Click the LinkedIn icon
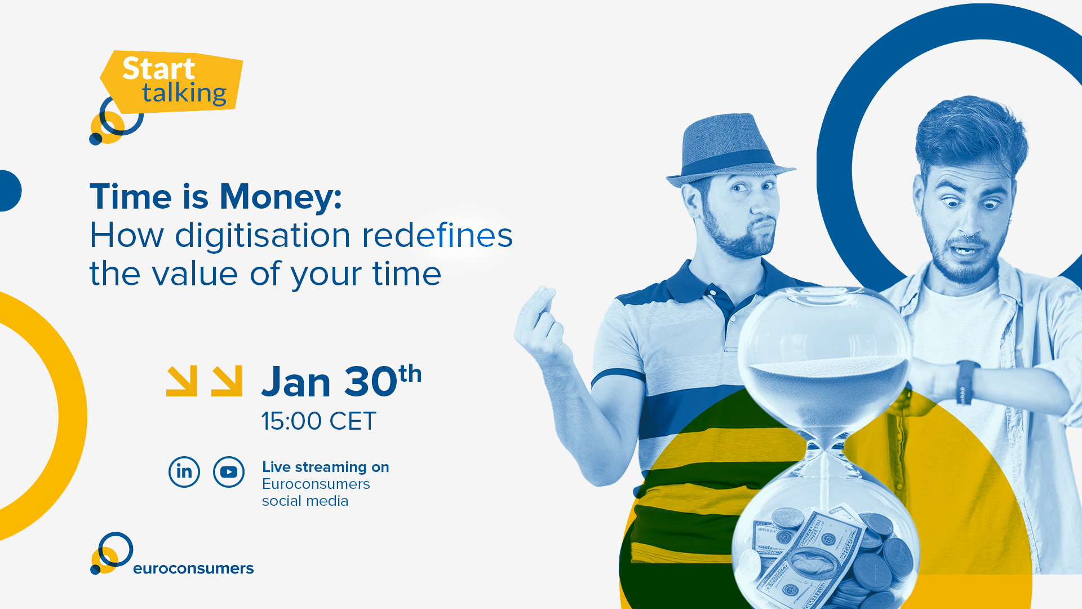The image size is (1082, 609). pyautogui.click(x=184, y=472)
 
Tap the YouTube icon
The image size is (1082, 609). pyautogui.click(x=229, y=472)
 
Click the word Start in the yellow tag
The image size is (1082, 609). pyautogui.click(x=159, y=69)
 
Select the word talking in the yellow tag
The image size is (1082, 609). pyautogui.click(x=184, y=93)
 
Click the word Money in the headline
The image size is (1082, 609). pyautogui.click(x=281, y=197)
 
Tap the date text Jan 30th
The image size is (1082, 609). pyautogui.click(x=342, y=381)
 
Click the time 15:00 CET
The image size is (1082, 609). pyautogui.click(x=318, y=421)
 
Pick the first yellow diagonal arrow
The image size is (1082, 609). pyautogui.click(x=182, y=381)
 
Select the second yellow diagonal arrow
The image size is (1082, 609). pyautogui.click(x=227, y=381)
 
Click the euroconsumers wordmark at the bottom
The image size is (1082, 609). pyautogui.click(x=193, y=568)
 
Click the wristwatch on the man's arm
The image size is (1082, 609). pyautogui.click(x=968, y=382)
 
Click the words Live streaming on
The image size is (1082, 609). pyautogui.click(x=326, y=467)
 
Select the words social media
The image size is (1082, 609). pyautogui.click(x=305, y=501)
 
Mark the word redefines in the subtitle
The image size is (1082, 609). pyautogui.click(x=437, y=235)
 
